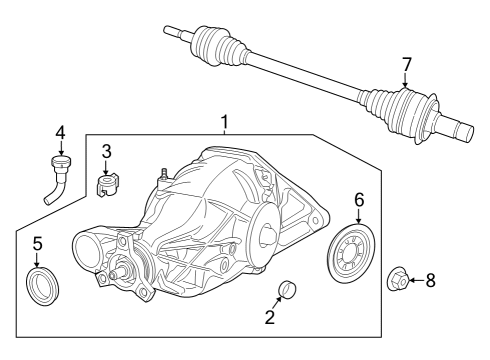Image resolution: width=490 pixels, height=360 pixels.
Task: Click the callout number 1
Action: point(225,123)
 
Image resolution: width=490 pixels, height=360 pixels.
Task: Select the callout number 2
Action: point(269,319)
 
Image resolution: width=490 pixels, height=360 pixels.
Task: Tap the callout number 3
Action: point(107,152)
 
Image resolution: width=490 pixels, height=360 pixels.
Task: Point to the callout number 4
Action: point(60,132)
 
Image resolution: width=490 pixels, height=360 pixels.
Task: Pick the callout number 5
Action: point(37,243)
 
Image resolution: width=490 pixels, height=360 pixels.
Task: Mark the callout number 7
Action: point(406,65)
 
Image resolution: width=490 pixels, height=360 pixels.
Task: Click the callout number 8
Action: point(431,281)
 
